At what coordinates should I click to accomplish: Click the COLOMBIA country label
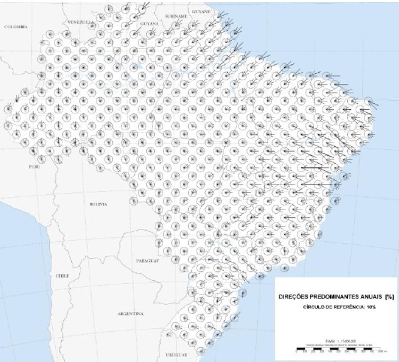click(x=16, y=26)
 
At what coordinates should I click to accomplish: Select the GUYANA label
click(x=149, y=24)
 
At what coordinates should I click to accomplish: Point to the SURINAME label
click(x=176, y=16)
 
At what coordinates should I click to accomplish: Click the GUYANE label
click(x=201, y=11)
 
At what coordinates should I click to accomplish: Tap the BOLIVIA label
click(x=98, y=204)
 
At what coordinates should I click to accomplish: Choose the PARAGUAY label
click(x=147, y=261)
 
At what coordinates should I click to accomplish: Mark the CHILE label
click(x=62, y=275)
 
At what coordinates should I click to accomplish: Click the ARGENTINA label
click(x=131, y=313)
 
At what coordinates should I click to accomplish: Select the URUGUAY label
click(x=176, y=355)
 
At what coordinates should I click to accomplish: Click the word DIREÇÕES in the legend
click(x=294, y=297)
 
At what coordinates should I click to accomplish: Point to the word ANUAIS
click(x=373, y=297)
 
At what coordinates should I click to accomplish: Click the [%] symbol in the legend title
click(x=389, y=297)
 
